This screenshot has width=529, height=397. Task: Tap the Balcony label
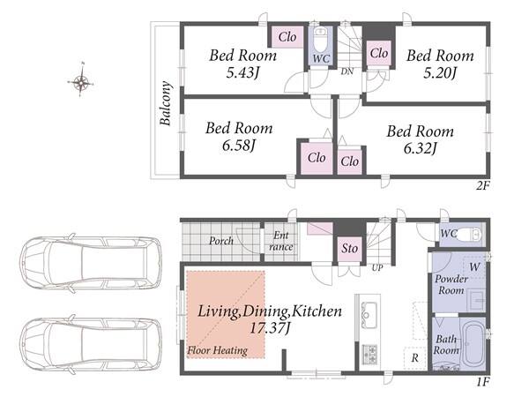click(166, 103)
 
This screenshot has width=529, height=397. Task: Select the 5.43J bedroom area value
click(242, 72)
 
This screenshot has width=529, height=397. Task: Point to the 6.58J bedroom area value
click(239, 146)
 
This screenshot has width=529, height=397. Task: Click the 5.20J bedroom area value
click(440, 72)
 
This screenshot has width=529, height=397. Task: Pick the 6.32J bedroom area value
click(421, 148)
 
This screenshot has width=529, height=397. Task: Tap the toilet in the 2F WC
click(320, 39)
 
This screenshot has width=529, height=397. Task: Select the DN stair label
click(346, 71)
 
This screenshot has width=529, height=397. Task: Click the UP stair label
click(377, 268)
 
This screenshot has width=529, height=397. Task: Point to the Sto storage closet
click(349, 249)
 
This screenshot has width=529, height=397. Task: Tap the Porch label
click(221, 241)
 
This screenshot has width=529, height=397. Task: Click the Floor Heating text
click(218, 350)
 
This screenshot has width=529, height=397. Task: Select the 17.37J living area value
click(269, 328)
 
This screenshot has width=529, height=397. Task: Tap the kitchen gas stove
click(369, 354)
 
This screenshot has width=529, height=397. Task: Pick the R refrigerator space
click(415, 358)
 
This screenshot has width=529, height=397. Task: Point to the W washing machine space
click(474, 267)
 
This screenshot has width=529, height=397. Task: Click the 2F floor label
click(483, 185)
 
